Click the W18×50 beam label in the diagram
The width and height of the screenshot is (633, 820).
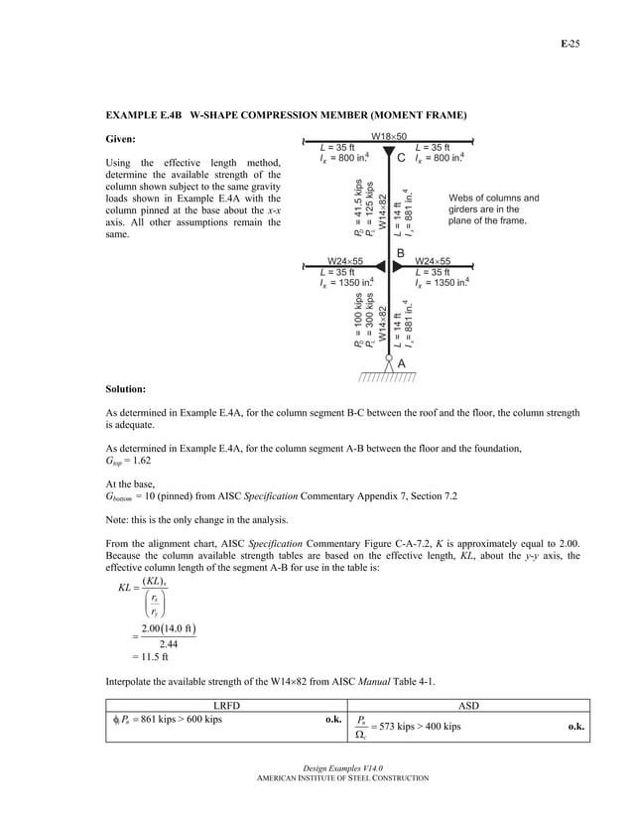388,136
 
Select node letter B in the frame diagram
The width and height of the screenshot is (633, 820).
401,253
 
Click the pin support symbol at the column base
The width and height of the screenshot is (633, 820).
389,363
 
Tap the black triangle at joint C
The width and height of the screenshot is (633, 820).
389,152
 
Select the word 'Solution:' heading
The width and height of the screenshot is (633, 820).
126,388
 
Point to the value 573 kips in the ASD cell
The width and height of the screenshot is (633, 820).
397,727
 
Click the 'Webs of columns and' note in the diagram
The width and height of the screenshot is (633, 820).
494,198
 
